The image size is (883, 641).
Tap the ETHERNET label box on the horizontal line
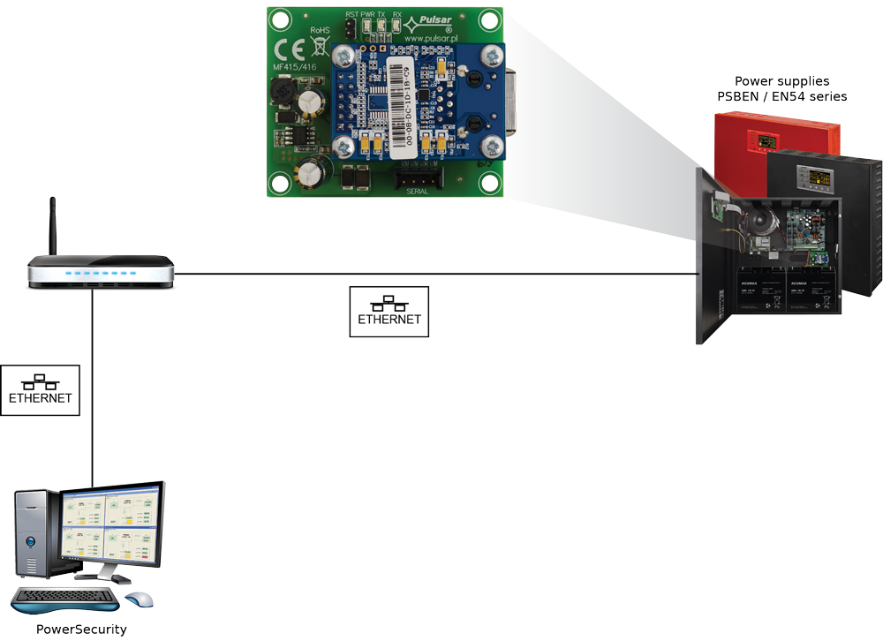(389, 311)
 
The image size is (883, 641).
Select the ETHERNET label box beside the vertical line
(41, 389)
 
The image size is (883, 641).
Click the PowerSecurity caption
(81, 630)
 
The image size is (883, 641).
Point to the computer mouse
(139, 600)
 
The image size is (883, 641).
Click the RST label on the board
(351, 15)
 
